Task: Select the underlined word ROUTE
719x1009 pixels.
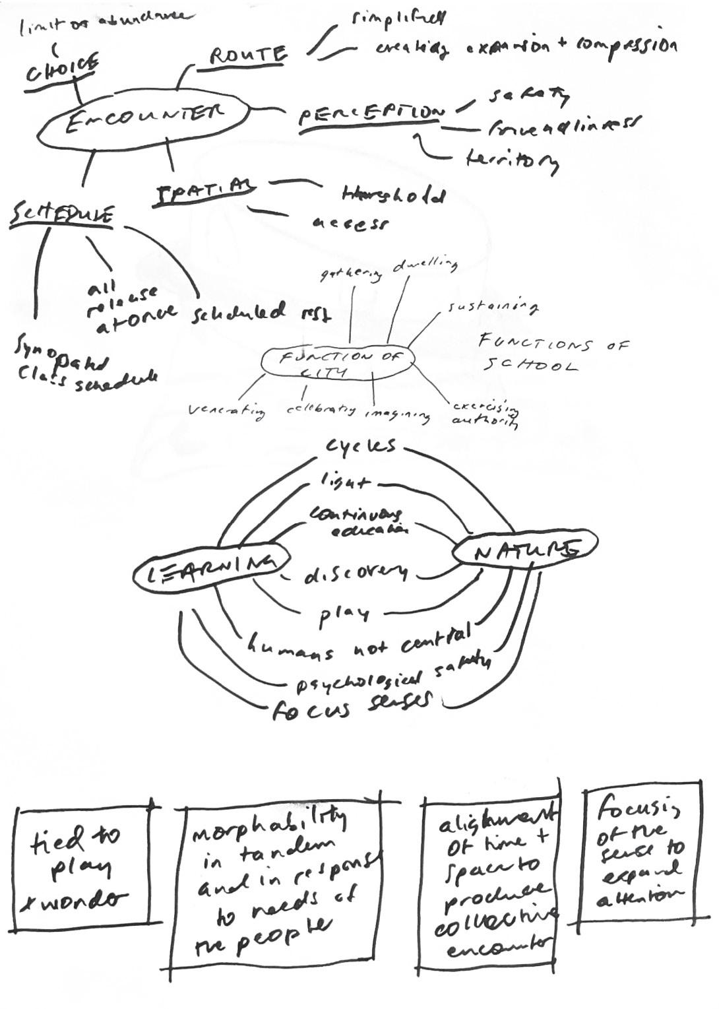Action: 248,56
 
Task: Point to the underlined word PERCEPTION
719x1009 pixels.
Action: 371,114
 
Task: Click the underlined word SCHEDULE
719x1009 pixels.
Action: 62,216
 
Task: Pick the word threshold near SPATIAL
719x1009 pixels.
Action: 394,195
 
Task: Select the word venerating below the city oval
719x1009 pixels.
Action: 227,412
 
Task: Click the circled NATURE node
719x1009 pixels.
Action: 526,549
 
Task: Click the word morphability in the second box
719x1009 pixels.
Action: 268,826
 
